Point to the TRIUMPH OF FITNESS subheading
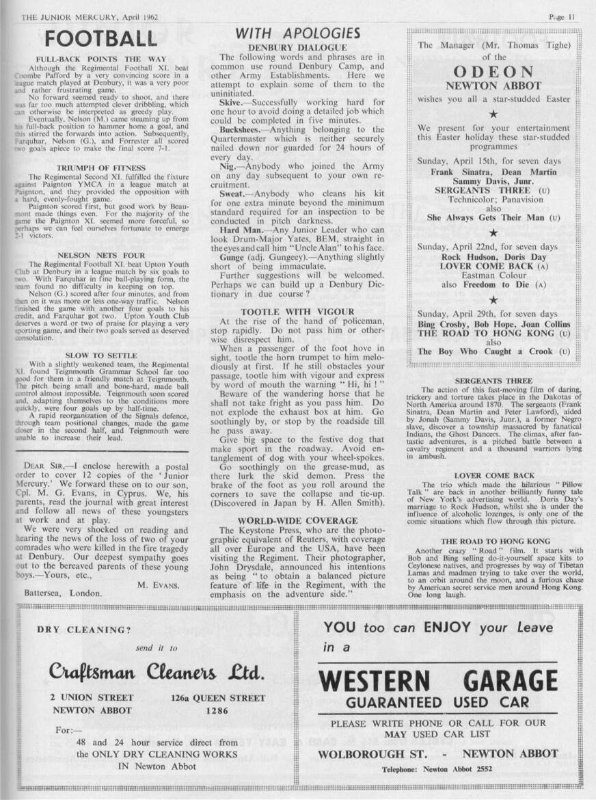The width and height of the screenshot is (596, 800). pyautogui.click(x=100, y=168)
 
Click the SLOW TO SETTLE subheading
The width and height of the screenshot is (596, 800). pyautogui.click(x=100, y=356)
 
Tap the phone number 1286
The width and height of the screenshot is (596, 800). pyautogui.click(x=217, y=710)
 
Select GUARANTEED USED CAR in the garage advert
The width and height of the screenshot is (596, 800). pyautogui.click(x=437, y=703)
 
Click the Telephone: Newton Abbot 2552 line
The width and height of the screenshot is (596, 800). pyautogui.click(x=437, y=769)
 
